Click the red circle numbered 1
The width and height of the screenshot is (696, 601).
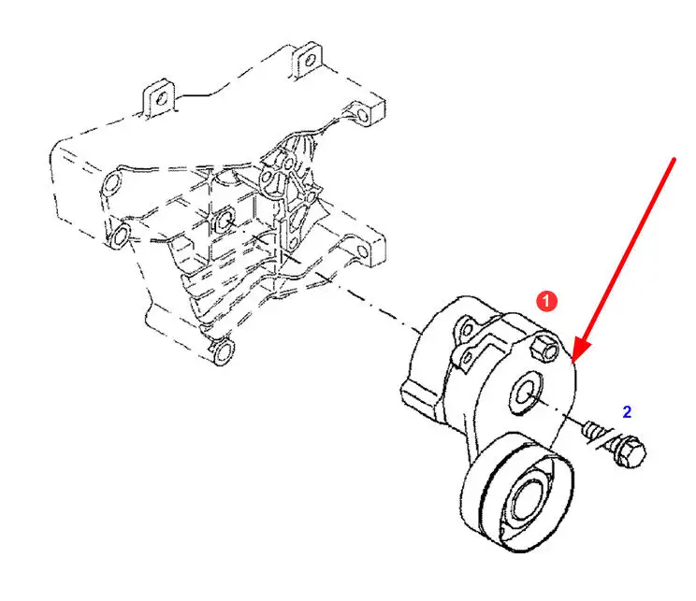[x=546, y=301]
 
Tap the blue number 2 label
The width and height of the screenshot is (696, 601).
[x=627, y=412]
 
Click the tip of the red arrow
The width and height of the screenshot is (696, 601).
[x=573, y=361]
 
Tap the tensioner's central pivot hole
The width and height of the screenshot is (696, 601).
[x=527, y=392]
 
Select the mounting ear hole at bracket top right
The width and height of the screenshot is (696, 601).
[x=311, y=60]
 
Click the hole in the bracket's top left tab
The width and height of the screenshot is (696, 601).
[x=162, y=98]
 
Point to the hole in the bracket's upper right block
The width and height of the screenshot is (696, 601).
[x=362, y=115]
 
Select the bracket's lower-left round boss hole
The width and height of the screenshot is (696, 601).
[x=120, y=236]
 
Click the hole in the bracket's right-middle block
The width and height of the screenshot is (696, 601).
[x=363, y=252]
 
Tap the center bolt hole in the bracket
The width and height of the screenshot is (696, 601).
[x=225, y=221]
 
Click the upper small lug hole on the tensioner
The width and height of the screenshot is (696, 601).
[x=467, y=329]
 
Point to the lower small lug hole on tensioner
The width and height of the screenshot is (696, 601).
[x=466, y=358]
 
